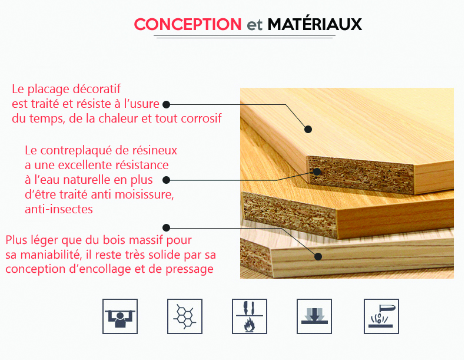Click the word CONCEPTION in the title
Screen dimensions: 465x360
coord(188,24)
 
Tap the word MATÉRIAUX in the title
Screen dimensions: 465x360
coord(315,24)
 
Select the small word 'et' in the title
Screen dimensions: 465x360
coord(255,25)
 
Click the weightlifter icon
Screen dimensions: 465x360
coord(120,316)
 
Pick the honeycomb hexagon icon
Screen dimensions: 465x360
coord(185,316)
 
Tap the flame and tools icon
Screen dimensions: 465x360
coord(250,316)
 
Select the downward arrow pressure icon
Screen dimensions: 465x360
coord(314,316)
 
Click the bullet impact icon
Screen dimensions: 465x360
coord(381,316)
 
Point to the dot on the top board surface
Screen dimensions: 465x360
coord(308,129)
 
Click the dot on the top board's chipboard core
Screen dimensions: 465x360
coord(317,171)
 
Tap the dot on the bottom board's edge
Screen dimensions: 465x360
coord(318,256)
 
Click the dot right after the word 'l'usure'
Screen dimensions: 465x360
coord(167,104)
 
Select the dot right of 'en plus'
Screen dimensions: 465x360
coord(167,180)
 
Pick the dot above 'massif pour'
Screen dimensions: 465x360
coord(167,227)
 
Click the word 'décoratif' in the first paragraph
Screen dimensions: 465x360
coord(97,89)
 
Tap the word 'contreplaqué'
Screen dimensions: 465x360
coord(76,151)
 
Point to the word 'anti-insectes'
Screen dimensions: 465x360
coord(59,209)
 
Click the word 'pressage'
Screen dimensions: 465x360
coord(190,270)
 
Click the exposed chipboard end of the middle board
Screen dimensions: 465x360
coord(290,213)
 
